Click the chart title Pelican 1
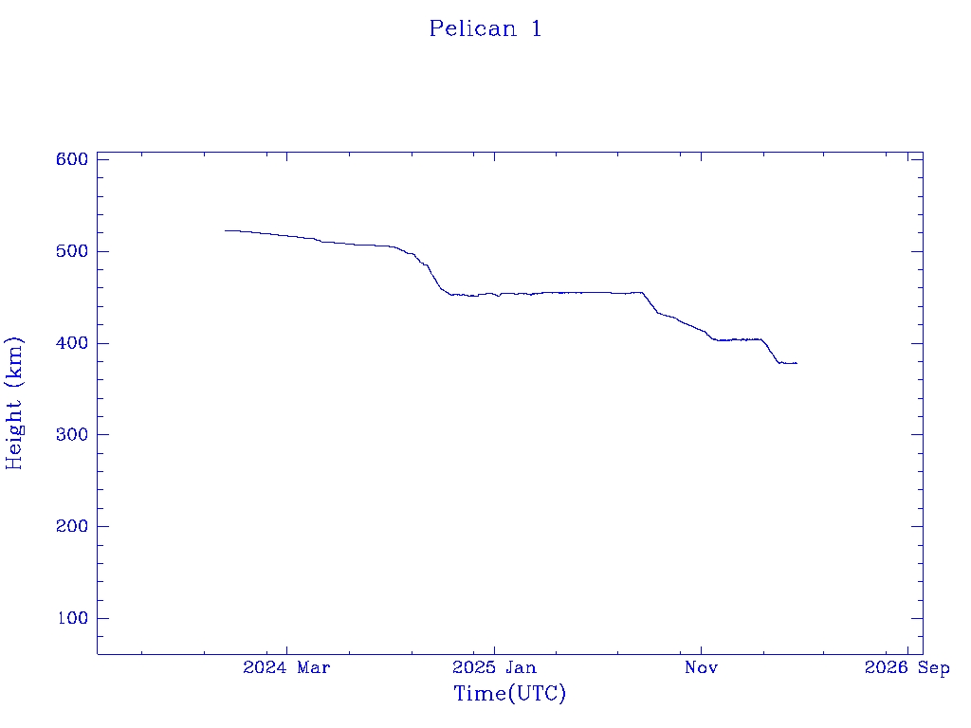tap(485, 28)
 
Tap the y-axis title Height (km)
tap(14, 403)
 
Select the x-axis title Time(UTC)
tap(509, 694)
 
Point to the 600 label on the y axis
tap(71, 159)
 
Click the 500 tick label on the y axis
tap(71, 251)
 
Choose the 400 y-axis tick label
tap(71, 343)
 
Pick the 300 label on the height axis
tap(71, 435)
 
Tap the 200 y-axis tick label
tap(71, 527)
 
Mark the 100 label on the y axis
tap(71, 619)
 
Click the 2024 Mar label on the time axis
tap(286, 668)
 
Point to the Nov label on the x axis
tap(701, 668)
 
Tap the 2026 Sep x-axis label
tap(907, 668)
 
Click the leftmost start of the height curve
tap(226, 230)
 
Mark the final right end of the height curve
tap(797, 363)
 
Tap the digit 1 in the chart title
tap(537, 28)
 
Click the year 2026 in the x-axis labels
tap(886, 668)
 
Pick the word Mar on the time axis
tap(313, 668)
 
